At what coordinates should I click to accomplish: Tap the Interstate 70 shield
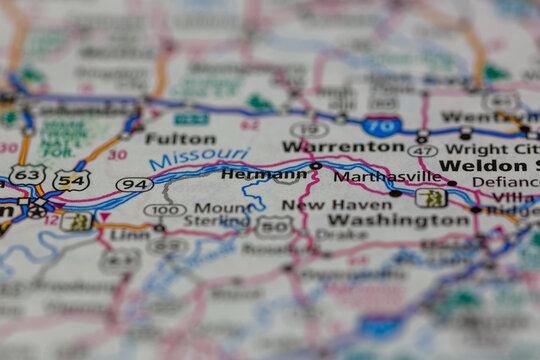[x=381, y=126]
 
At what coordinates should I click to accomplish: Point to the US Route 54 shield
[x=72, y=180]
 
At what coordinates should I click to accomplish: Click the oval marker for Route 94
[x=134, y=184]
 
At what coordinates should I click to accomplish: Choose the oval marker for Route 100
[x=164, y=210]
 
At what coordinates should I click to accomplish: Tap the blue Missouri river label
[x=200, y=158]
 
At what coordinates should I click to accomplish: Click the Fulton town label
[x=180, y=138]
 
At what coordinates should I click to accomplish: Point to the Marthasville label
[x=386, y=176]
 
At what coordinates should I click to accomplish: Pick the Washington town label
[x=385, y=220]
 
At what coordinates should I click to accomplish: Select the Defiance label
[x=505, y=182]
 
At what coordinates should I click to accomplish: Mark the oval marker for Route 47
[x=422, y=150]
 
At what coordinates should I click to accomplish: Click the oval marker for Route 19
[x=310, y=129]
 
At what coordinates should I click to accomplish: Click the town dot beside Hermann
[x=316, y=165]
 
